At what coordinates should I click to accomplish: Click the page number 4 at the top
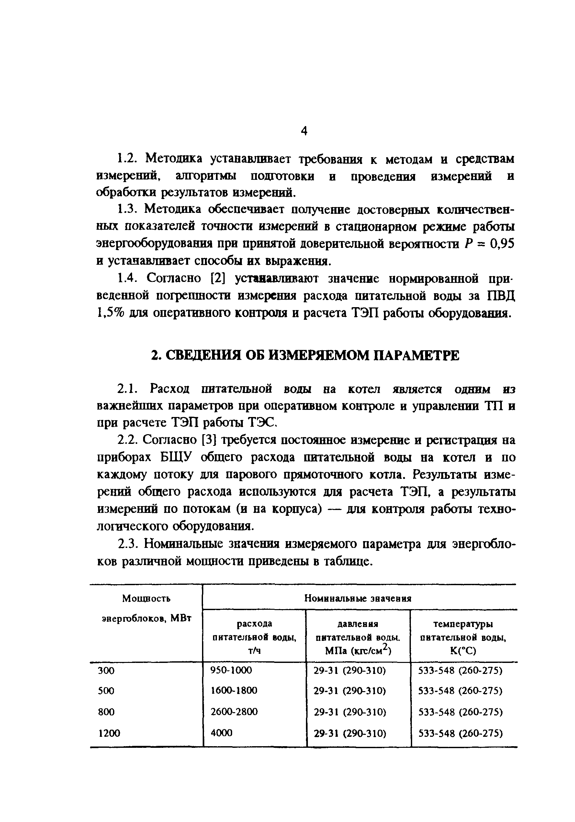[x=303, y=132]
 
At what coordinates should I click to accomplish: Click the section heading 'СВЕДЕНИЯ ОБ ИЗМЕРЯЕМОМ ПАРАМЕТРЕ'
[x=305, y=355]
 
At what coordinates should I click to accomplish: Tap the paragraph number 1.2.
[x=130, y=158]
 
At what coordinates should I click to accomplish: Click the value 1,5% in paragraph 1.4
[x=109, y=313]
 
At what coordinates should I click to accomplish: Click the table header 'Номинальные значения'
[x=357, y=598]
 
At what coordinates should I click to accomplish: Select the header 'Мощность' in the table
[x=146, y=598]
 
